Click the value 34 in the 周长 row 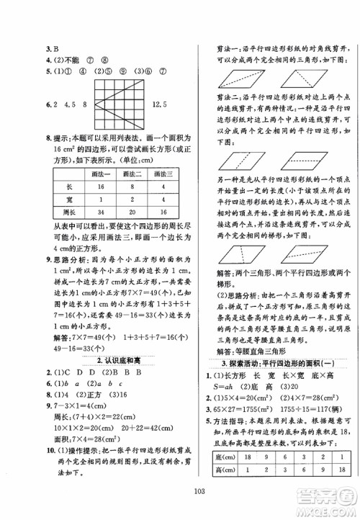click(x=105, y=212)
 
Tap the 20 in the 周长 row click(x=135, y=212)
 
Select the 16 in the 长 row click(x=105, y=186)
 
